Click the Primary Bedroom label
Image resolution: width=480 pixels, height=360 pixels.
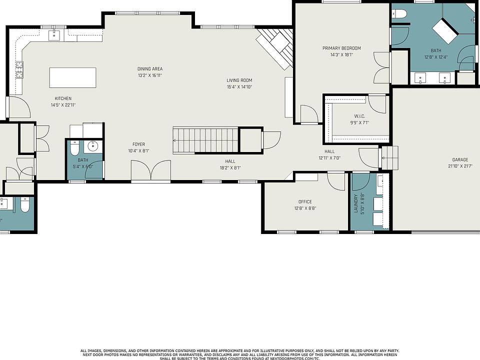(341, 48)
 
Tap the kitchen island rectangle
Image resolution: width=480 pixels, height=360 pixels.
(73, 78)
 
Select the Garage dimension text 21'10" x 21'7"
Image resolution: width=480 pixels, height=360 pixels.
(460, 166)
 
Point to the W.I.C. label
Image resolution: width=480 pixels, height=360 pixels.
(359, 116)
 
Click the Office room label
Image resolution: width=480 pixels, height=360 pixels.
(305, 201)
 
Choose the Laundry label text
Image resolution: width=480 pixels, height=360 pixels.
(355, 203)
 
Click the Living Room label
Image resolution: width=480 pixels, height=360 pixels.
(239, 80)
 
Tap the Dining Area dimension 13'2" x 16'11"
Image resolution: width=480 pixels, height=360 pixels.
(150, 75)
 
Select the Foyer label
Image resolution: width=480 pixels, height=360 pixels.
(138, 144)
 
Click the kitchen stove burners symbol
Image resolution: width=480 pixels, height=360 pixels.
(19, 70)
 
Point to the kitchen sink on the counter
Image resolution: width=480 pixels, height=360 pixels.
(54, 35)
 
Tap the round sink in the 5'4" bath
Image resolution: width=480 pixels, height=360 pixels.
(92, 146)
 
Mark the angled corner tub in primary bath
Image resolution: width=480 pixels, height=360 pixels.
(445, 31)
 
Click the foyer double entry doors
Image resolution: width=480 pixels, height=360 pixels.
(151, 170)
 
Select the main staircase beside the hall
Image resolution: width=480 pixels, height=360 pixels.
(205, 140)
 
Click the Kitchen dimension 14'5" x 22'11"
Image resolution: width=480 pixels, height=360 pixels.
(63, 105)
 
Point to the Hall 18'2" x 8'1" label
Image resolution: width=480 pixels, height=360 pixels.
(230, 164)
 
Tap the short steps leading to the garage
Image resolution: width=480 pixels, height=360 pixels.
(389, 157)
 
